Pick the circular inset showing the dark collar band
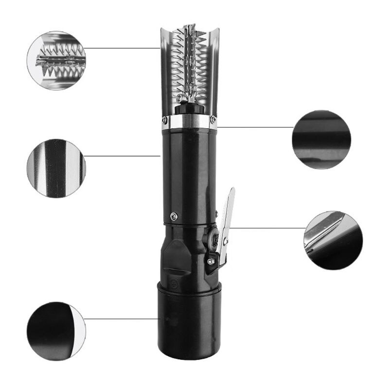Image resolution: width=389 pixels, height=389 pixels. click(321, 140)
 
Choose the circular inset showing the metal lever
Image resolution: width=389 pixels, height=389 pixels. click(333, 240)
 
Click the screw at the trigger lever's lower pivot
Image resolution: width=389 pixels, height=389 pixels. click(210, 262)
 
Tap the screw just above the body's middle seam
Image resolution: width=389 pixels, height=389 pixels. click(174, 216)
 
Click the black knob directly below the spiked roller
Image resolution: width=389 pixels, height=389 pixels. click(187, 108)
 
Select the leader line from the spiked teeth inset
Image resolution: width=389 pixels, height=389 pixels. click(122, 48)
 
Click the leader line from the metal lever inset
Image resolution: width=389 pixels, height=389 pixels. click(267, 228)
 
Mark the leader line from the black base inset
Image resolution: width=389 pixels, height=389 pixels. click(122, 319)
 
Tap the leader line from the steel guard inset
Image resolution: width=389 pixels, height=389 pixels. click(122, 156)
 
